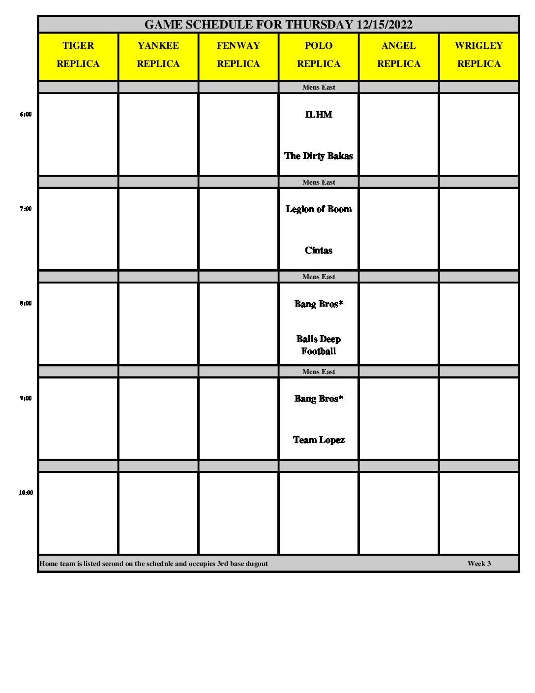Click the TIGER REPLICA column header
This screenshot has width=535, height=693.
(x=78, y=55)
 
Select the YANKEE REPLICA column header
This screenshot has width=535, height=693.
(x=158, y=55)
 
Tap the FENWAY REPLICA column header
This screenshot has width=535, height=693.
(x=238, y=55)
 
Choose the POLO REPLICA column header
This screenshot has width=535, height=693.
(x=319, y=55)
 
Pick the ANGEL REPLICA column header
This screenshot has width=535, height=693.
(x=399, y=55)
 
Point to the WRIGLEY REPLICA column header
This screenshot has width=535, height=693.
(x=479, y=55)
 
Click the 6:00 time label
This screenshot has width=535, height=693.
(x=26, y=114)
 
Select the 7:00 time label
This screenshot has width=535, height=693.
(x=26, y=209)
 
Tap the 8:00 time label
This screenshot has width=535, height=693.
(x=26, y=303)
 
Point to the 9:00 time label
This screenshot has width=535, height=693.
(x=26, y=398)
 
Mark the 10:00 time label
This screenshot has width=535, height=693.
(x=26, y=493)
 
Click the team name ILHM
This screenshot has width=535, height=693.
(x=319, y=114)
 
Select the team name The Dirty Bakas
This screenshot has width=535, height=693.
(x=319, y=156)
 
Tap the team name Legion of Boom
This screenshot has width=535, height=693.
(x=319, y=209)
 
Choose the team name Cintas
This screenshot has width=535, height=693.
(x=319, y=251)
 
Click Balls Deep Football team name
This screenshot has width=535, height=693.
(x=319, y=345)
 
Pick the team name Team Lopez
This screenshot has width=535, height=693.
(x=319, y=440)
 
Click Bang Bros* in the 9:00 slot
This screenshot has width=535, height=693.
(x=319, y=399)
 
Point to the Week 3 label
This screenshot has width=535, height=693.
(x=479, y=564)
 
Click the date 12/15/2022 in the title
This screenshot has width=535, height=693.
(x=385, y=25)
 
